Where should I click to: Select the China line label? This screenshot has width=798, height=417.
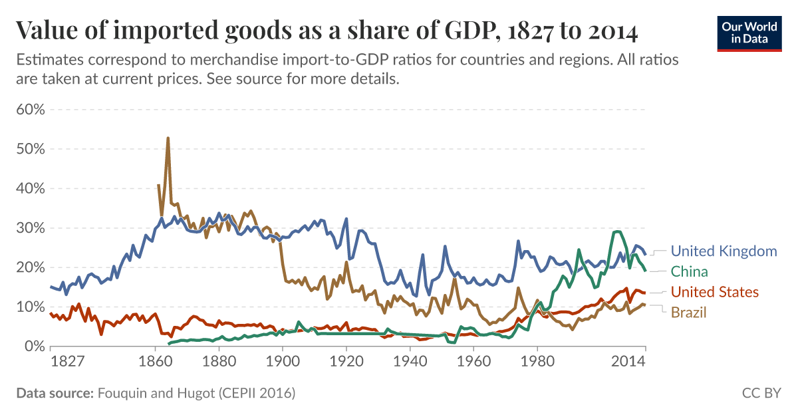point(689,271)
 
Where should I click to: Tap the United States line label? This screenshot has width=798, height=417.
point(714,292)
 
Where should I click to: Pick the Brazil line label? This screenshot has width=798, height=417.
point(688,313)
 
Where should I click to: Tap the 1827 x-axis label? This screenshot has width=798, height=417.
point(67,362)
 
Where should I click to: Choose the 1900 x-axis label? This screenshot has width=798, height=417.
point(283,362)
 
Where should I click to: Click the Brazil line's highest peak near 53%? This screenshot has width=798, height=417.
point(168,138)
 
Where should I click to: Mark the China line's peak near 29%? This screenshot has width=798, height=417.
point(618,231)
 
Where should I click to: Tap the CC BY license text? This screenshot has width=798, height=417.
point(761,393)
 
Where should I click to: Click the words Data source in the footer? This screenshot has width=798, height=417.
point(55,393)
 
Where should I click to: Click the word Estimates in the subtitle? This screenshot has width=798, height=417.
point(46,60)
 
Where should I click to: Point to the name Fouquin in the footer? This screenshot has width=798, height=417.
point(122,393)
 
